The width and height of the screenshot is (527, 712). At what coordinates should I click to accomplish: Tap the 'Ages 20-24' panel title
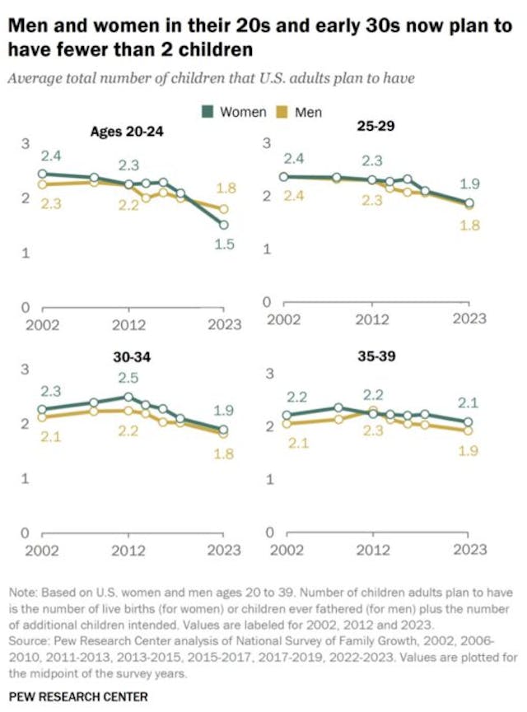pos(124,131)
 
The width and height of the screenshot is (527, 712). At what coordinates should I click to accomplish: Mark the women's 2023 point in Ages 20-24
pos(224,225)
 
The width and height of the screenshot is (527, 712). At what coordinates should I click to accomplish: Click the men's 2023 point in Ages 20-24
pos(224,209)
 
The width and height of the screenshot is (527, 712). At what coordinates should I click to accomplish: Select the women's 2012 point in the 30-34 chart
pos(128,397)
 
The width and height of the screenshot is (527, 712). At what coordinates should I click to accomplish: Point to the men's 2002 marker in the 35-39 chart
pos(287,424)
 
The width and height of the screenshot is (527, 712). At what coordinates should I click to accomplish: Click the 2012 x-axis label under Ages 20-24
pos(128,324)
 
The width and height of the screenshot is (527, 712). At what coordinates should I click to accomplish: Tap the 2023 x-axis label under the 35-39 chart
pos(471,551)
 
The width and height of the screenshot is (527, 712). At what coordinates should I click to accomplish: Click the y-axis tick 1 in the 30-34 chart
pos(25,478)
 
